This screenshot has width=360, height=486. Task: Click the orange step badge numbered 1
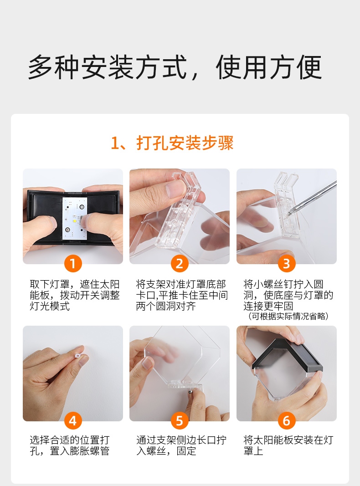click(73, 264)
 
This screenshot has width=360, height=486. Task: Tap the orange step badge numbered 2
click(180, 264)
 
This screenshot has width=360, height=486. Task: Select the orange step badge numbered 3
click(287, 264)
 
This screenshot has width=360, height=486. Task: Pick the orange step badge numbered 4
click(73, 420)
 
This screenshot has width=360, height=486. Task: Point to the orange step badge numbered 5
click(180, 420)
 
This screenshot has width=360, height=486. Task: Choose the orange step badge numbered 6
click(287, 420)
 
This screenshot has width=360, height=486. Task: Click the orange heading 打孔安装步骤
click(185, 143)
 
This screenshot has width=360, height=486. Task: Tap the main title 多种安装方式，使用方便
click(175, 67)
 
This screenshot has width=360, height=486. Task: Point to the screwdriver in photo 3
click(312, 198)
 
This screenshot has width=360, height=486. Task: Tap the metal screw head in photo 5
click(190, 392)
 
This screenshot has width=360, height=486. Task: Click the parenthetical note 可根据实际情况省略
click(288, 316)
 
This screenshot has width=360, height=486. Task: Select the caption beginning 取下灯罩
click(74, 296)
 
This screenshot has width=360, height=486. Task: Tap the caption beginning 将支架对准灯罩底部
click(181, 296)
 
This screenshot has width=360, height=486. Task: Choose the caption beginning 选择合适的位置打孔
click(70, 445)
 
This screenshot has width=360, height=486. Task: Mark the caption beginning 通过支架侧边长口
click(181, 445)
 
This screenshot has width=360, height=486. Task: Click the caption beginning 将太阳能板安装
click(288, 445)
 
